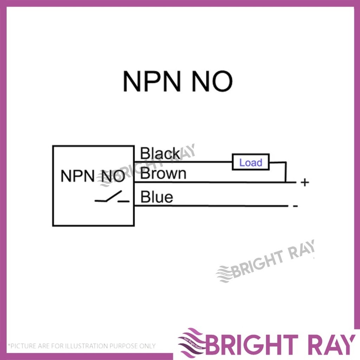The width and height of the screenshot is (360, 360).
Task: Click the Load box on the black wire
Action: (x=251, y=162)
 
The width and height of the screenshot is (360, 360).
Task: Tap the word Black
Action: (x=160, y=154)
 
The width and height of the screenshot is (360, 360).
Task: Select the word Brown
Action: (x=163, y=174)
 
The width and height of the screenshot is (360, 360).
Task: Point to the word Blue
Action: (x=157, y=197)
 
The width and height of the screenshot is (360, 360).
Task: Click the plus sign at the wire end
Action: (x=305, y=182)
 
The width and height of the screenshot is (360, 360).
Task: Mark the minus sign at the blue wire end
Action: (x=295, y=206)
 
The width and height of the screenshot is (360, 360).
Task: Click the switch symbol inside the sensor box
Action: (x=112, y=198)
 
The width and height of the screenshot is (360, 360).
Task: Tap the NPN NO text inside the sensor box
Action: (x=92, y=176)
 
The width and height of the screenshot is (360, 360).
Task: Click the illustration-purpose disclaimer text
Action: (x=82, y=346)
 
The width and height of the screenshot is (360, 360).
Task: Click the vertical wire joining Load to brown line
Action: (x=285, y=172)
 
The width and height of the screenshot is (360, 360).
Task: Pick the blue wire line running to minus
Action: (x=211, y=206)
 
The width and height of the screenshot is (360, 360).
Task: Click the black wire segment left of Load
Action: (x=183, y=162)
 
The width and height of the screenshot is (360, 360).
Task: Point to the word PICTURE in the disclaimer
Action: (x=22, y=346)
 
